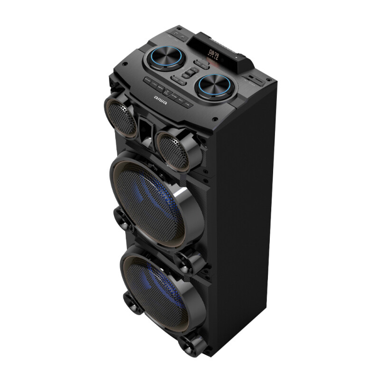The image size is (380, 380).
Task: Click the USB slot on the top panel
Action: tap(252, 78)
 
